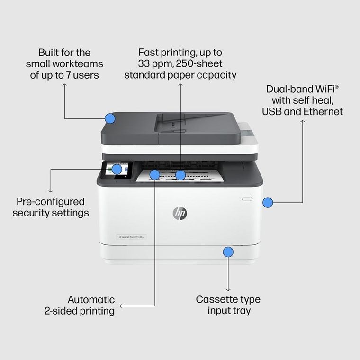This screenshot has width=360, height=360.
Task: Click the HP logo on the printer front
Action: click(x=180, y=214)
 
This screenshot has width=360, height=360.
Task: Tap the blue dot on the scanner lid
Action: click(x=110, y=118)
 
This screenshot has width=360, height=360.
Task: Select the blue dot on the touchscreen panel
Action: click(x=117, y=169)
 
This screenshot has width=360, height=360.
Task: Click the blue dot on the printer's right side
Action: click(x=268, y=203)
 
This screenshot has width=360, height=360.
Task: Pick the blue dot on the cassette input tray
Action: click(x=228, y=252)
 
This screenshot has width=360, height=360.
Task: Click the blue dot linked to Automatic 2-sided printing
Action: click(x=155, y=175)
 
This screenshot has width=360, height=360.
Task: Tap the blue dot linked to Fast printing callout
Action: click(x=180, y=175)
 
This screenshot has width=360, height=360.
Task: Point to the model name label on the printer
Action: click(x=131, y=237)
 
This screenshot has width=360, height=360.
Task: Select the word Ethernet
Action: click(x=324, y=112)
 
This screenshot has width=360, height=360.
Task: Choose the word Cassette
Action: click(x=216, y=299)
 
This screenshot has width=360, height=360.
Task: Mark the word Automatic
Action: click(x=91, y=299)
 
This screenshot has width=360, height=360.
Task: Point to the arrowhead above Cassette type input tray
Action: click(x=228, y=289)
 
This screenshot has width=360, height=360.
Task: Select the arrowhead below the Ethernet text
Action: click(x=303, y=122)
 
